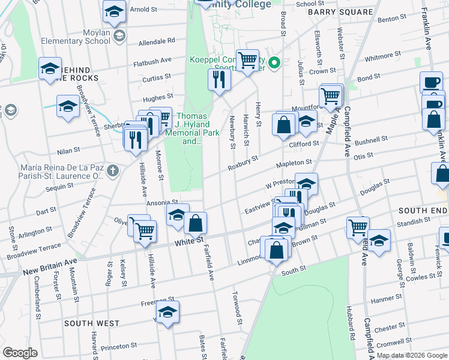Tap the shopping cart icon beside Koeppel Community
coord(247,59)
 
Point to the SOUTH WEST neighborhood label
coord(92,323)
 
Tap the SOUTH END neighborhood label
coord(423,211)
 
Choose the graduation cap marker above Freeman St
coord(167,312)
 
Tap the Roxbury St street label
coord(243,162)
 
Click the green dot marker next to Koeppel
coord(274,62)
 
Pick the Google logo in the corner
coord(20,353)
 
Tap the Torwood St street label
coord(237,309)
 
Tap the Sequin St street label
coord(59,187)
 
